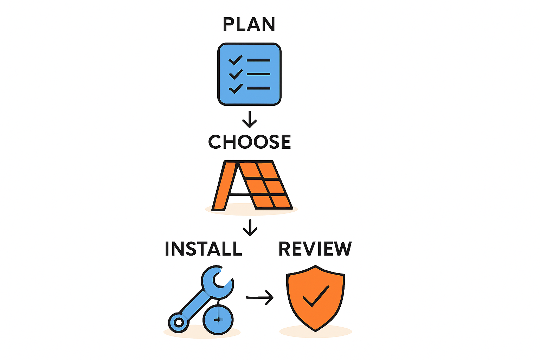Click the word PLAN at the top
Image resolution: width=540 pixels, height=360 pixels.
tap(249, 24)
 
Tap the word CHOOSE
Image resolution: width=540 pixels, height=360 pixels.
tap(250, 142)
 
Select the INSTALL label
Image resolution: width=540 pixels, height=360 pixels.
tap(204, 249)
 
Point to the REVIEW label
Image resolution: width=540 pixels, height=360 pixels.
tap(315, 249)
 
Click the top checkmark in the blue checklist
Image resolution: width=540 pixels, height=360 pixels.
tap(235, 60)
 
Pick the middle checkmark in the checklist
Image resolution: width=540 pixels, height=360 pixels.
tap(236, 74)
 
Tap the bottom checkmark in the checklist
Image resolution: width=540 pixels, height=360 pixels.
tap(236, 89)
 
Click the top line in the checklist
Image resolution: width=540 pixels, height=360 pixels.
tap(258, 60)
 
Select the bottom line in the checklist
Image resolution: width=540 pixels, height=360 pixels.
tap(258, 89)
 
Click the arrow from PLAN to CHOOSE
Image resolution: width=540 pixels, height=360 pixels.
tap(250, 120)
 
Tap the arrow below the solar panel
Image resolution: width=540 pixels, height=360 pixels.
tap(250, 227)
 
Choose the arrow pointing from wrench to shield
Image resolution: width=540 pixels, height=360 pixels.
tap(260, 298)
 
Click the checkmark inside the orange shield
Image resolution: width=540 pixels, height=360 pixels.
tap(316, 296)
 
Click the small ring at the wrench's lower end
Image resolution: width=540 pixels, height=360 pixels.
tap(179, 322)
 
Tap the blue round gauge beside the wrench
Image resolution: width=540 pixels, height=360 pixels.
tap(218, 320)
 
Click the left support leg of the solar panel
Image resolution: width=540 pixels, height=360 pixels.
tap(223, 186)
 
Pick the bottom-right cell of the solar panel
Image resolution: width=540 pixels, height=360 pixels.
tap(281, 201)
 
